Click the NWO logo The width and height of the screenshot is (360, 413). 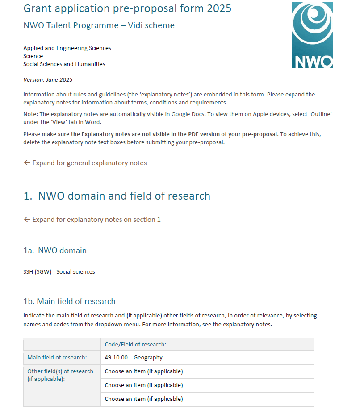click(312, 35)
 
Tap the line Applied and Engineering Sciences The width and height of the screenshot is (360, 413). click(67, 48)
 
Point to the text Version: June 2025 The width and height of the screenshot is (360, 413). click(48, 80)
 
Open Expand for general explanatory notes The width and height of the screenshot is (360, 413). click(89, 163)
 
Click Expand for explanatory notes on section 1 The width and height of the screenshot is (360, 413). click(96, 220)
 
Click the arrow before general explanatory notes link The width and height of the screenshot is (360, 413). click(27, 163)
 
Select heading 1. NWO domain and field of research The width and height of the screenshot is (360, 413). click(117, 196)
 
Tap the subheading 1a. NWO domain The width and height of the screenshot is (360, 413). click(55, 250)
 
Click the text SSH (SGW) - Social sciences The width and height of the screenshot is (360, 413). click(59, 271)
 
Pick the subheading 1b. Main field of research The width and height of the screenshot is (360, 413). click(69, 301)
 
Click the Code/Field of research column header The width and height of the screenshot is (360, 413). click(135, 344)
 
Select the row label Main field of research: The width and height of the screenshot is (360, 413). click(57, 358)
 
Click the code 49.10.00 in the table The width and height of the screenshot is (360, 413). click(116, 358)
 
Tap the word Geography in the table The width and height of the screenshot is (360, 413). click(148, 358)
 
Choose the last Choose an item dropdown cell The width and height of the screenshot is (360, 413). click(144, 399)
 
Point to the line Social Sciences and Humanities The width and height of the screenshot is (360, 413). click(64, 64)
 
